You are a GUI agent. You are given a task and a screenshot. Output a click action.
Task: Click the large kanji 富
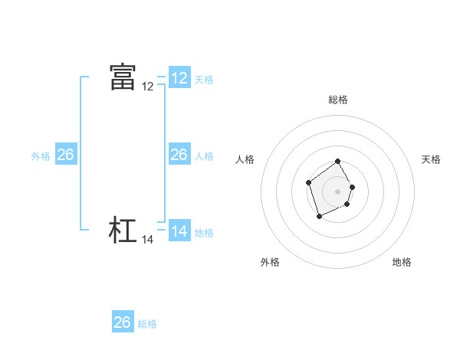(x=123, y=77)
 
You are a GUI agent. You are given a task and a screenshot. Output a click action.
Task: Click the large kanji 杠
(x=123, y=230)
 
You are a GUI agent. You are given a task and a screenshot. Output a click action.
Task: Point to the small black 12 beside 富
(x=148, y=87)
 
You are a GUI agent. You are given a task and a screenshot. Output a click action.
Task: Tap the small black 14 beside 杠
(x=148, y=240)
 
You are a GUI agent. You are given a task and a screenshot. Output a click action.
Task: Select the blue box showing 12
(x=179, y=78)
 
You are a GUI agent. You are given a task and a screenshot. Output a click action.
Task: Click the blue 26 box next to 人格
(x=179, y=155)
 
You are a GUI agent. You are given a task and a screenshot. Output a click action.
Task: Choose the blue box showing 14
(x=179, y=231)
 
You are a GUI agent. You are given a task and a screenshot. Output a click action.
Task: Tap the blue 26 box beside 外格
(x=66, y=155)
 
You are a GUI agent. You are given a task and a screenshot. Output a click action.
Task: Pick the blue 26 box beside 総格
(x=123, y=322)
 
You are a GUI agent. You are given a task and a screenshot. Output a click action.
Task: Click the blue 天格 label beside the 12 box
(x=204, y=79)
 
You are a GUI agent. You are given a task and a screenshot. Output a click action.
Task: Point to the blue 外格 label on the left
(x=41, y=155)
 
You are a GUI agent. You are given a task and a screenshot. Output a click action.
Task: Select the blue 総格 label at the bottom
(x=147, y=323)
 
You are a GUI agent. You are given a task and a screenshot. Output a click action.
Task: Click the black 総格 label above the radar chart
(x=338, y=100)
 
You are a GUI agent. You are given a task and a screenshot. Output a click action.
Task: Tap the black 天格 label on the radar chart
(x=432, y=159)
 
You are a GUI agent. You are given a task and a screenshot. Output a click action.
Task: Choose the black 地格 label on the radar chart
(x=402, y=262)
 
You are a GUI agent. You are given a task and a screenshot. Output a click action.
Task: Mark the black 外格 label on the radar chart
(x=270, y=262)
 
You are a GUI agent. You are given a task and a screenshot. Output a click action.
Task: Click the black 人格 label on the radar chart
(x=245, y=159)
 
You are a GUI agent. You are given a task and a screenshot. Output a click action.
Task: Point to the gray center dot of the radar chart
(x=338, y=191)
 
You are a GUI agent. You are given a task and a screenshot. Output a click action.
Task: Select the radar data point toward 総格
(x=338, y=162)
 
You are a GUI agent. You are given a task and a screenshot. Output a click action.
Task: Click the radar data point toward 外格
(x=320, y=217)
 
